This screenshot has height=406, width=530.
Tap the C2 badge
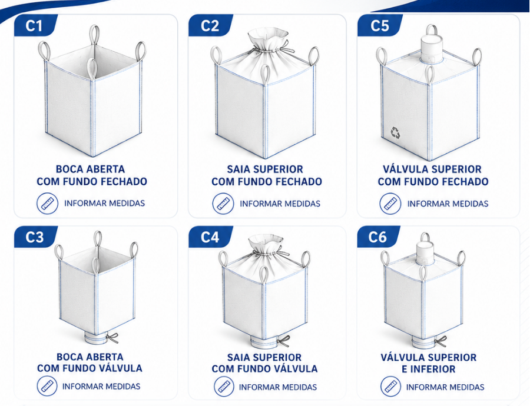[x=210, y=25]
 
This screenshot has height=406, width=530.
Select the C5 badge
[x=379, y=25]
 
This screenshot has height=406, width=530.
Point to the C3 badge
[x=35, y=237]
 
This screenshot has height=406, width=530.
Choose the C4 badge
[x=210, y=237]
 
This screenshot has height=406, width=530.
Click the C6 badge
[x=377, y=237]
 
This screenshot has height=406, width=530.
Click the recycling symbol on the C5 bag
[x=395, y=133]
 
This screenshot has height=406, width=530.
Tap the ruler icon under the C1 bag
[x=47, y=204]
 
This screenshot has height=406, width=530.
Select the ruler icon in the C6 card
[x=391, y=387]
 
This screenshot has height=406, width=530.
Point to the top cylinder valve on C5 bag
[x=431, y=48]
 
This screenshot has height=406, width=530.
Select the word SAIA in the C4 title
[x=238, y=357]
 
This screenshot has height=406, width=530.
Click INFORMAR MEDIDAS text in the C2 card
[x=280, y=204]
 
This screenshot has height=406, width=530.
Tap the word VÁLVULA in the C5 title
[x=403, y=169]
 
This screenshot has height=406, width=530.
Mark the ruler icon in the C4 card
[x=224, y=387]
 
